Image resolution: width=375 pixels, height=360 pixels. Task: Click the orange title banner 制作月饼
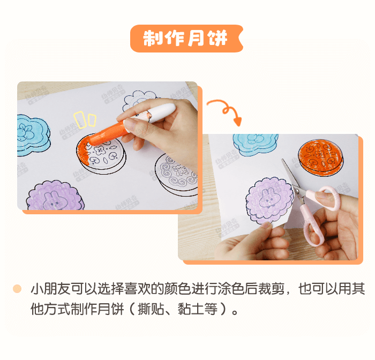pyautogui.click(x=186, y=39)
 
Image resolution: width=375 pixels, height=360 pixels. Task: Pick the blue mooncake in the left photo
pyautogui.click(x=33, y=136)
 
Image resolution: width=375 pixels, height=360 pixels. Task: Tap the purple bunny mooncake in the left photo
pyautogui.click(x=55, y=196)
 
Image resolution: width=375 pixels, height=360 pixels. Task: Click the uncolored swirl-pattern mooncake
pyautogui.click(x=176, y=174)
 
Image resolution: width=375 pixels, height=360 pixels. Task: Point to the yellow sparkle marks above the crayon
pyautogui.click(x=85, y=119)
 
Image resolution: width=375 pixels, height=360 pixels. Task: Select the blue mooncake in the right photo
pyautogui.click(x=256, y=144)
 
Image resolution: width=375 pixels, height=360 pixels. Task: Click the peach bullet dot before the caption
pyautogui.click(x=17, y=289)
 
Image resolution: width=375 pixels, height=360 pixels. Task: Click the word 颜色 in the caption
pyautogui.click(x=177, y=289)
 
